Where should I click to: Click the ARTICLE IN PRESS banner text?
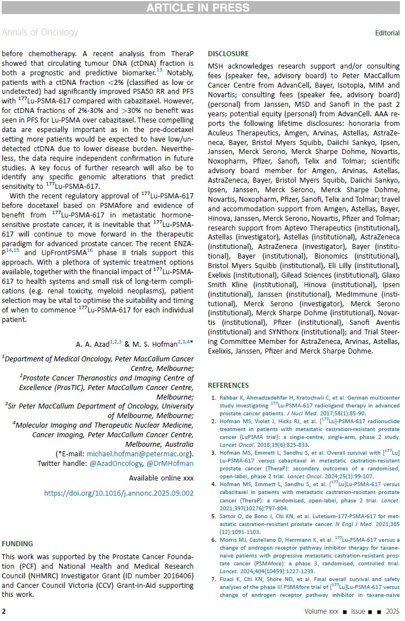pos(202,7)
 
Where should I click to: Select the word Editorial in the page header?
pos(387,33)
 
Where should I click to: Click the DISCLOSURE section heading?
pos(228,54)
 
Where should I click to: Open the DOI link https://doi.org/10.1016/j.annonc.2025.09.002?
pos(119,493)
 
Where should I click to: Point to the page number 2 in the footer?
pos(3,611)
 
